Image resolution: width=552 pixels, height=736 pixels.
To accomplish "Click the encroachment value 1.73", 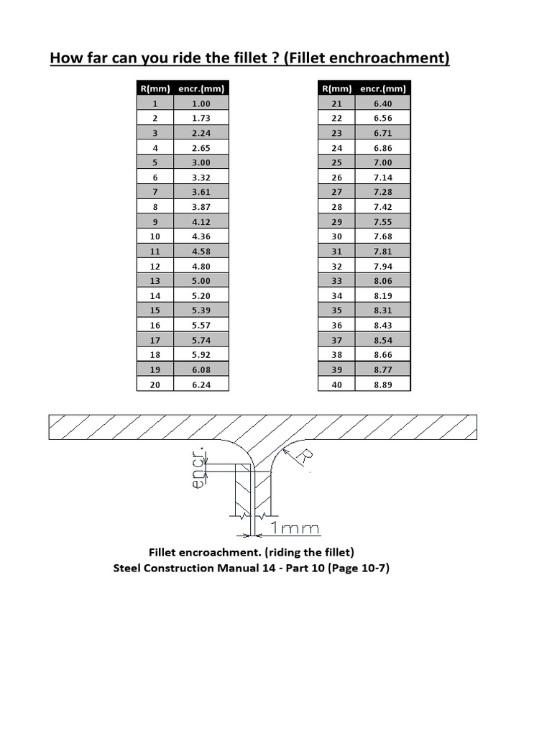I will click(201, 118).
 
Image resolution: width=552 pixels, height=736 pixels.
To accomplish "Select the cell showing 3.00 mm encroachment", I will click(201, 162).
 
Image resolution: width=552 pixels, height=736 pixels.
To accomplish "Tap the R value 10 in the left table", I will click(155, 236).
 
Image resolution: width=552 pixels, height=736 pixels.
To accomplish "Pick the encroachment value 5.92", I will click(201, 355).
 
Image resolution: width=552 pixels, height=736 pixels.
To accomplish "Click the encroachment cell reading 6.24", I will click(201, 385).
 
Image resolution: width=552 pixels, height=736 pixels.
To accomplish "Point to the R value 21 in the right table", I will click(336, 103).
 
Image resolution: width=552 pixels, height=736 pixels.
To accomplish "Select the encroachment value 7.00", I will click(383, 162).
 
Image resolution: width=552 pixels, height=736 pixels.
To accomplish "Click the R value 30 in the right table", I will click(336, 236).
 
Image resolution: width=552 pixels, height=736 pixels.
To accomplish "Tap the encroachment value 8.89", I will click(383, 385).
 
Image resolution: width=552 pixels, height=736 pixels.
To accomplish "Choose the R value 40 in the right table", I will click(336, 385).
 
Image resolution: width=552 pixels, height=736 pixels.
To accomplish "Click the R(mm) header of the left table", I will click(155, 88).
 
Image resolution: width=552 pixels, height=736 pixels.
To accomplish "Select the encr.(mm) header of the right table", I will click(383, 88).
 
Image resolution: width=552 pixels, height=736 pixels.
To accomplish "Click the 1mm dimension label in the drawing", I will click(295, 529).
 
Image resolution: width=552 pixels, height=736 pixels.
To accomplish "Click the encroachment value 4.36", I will click(201, 236).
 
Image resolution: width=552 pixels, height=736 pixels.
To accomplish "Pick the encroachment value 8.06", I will click(383, 281).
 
